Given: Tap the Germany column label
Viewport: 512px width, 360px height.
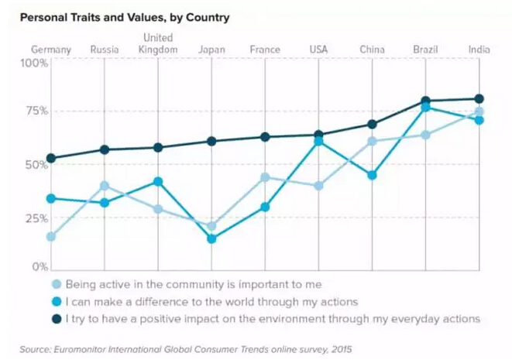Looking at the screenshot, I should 51,50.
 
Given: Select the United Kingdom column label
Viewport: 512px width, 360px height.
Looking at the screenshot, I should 158,44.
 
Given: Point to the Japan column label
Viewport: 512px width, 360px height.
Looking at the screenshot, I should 211,50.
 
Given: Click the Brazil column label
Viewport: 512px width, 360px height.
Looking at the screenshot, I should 425,50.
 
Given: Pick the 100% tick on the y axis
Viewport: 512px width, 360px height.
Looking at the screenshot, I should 34,63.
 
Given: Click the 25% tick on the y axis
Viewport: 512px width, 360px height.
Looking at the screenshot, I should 34,218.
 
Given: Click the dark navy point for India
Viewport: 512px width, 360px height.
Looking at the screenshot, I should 479,99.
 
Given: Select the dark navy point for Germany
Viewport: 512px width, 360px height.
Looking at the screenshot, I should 51,158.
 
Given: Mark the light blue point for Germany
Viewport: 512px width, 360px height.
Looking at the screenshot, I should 51,237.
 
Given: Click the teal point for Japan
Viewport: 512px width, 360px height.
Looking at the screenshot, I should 211,239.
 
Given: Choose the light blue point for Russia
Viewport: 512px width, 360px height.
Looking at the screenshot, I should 105,186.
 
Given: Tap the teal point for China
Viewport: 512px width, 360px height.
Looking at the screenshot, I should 372,175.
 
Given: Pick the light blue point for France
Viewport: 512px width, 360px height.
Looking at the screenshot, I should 265,177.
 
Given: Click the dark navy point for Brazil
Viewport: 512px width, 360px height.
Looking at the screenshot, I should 425,101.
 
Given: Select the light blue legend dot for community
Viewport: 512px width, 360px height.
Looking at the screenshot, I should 57,284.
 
